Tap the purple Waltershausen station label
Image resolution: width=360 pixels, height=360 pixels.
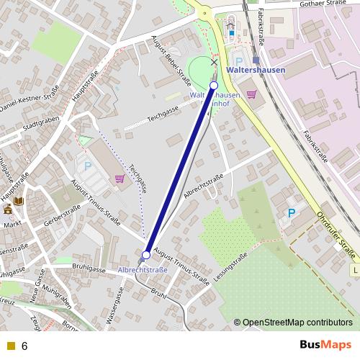pos(255,71)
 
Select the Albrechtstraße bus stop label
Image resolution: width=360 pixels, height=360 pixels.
pos(143,270)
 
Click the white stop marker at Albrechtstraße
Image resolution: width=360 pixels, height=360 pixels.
pos(146,255)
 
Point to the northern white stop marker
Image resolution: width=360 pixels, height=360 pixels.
pos(214,85)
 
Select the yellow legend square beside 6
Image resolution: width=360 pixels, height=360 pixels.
pos(10,346)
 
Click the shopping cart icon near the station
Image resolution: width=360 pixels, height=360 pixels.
pos(251,94)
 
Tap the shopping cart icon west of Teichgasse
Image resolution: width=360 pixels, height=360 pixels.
pos(120,178)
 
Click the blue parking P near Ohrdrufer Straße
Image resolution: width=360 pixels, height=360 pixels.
pos(292,213)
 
